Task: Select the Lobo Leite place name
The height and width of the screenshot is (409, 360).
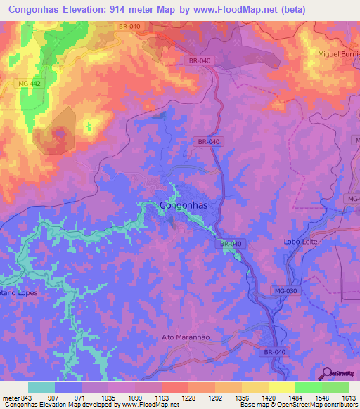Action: pyautogui.click(x=302, y=241)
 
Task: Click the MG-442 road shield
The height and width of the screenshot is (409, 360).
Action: pyautogui.click(x=30, y=84)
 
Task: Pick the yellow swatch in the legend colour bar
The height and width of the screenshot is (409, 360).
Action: pyautogui.click(x=281, y=387)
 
